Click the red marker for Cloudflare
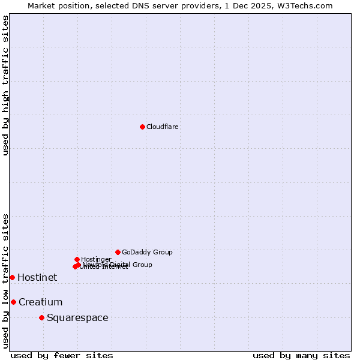(142, 127)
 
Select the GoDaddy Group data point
(118, 252)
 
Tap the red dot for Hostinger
(77, 259)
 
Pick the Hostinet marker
(12, 277)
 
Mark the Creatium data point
(13, 302)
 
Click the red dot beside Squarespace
(41, 317)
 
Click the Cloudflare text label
(163, 127)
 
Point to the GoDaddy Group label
(147, 252)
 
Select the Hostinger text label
(96, 259)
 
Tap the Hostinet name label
(37, 277)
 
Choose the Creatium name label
(40, 302)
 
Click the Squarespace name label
(77, 317)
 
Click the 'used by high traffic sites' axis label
(5, 85)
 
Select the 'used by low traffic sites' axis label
(5, 281)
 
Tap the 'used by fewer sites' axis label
(62, 355)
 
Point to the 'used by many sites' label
(301, 355)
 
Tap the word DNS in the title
(136, 5)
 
